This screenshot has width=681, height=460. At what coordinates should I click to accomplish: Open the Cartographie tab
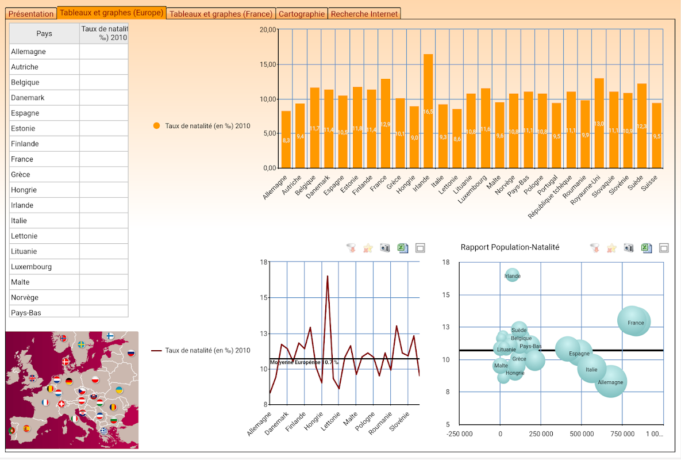click(x=302, y=14)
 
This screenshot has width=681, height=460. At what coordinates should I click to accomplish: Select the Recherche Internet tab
click(x=364, y=14)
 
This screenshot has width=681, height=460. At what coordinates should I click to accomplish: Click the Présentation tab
click(x=31, y=14)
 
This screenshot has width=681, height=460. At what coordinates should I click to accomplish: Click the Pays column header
click(x=44, y=33)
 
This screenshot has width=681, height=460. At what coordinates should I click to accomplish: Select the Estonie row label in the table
click(x=23, y=128)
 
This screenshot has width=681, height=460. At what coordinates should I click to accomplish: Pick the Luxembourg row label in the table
click(x=31, y=267)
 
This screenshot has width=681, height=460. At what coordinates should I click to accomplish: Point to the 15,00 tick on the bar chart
click(x=268, y=64)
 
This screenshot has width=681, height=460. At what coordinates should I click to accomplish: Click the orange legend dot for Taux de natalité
click(x=157, y=126)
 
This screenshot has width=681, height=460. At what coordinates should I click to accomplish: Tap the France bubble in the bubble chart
click(x=635, y=323)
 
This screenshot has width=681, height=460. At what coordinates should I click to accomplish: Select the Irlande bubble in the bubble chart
click(x=512, y=276)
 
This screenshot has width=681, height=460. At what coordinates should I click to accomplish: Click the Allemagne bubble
click(x=610, y=382)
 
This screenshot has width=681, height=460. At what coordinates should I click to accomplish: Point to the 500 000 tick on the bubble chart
click(x=580, y=434)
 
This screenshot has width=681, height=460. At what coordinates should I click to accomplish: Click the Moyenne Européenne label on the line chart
click(x=304, y=362)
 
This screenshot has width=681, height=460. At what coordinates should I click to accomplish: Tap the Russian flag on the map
click(x=131, y=352)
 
